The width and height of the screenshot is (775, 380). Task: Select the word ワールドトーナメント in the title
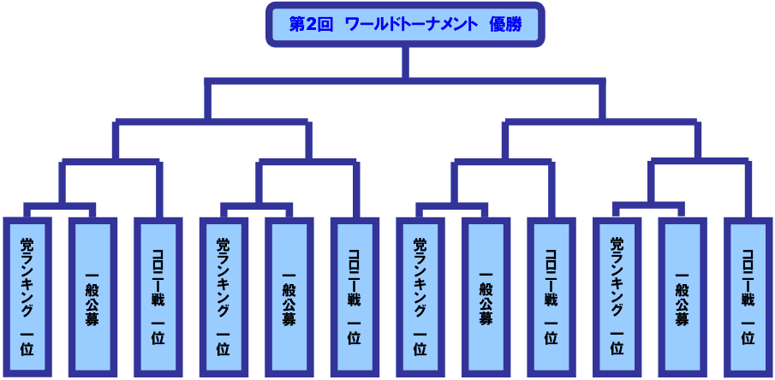(411, 24)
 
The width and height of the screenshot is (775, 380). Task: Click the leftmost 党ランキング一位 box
(27, 295)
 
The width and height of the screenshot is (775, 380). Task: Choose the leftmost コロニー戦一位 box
(158, 295)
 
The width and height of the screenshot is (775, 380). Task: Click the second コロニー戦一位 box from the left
(354, 295)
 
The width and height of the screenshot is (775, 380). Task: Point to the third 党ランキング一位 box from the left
(420, 295)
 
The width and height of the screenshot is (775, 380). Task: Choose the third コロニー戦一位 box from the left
(551, 295)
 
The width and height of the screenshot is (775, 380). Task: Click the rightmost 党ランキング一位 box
(617, 295)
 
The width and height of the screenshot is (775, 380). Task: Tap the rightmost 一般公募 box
(682, 295)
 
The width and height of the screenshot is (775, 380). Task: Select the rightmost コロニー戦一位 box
(748, 295)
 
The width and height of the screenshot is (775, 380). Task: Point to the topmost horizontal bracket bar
(405, 81)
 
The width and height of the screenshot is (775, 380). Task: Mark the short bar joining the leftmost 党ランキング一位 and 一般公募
(59, 207)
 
